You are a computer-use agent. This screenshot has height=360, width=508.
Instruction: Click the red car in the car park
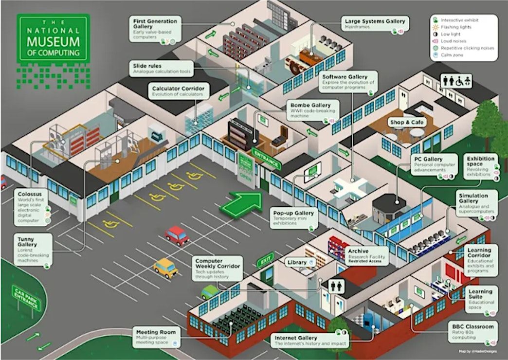177,235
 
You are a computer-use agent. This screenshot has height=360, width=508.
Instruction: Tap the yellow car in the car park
166,268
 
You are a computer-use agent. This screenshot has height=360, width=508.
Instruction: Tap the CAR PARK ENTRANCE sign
28,297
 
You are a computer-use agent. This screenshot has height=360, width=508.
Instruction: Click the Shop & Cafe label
406,122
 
